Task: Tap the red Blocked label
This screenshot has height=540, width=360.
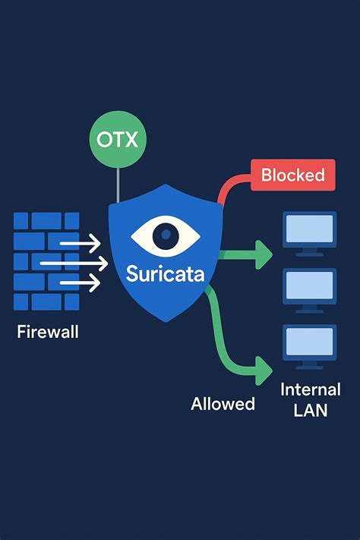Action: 292,175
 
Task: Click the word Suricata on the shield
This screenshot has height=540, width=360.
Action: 165,273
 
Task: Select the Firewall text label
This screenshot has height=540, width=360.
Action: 46,332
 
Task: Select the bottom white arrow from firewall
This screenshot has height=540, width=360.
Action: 79,283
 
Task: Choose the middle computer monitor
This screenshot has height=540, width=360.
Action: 308,287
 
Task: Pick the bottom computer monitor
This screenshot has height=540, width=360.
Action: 308,344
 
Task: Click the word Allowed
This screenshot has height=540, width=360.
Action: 223,403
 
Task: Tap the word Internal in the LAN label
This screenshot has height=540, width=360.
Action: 310,390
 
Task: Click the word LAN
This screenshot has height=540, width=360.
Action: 310,412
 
